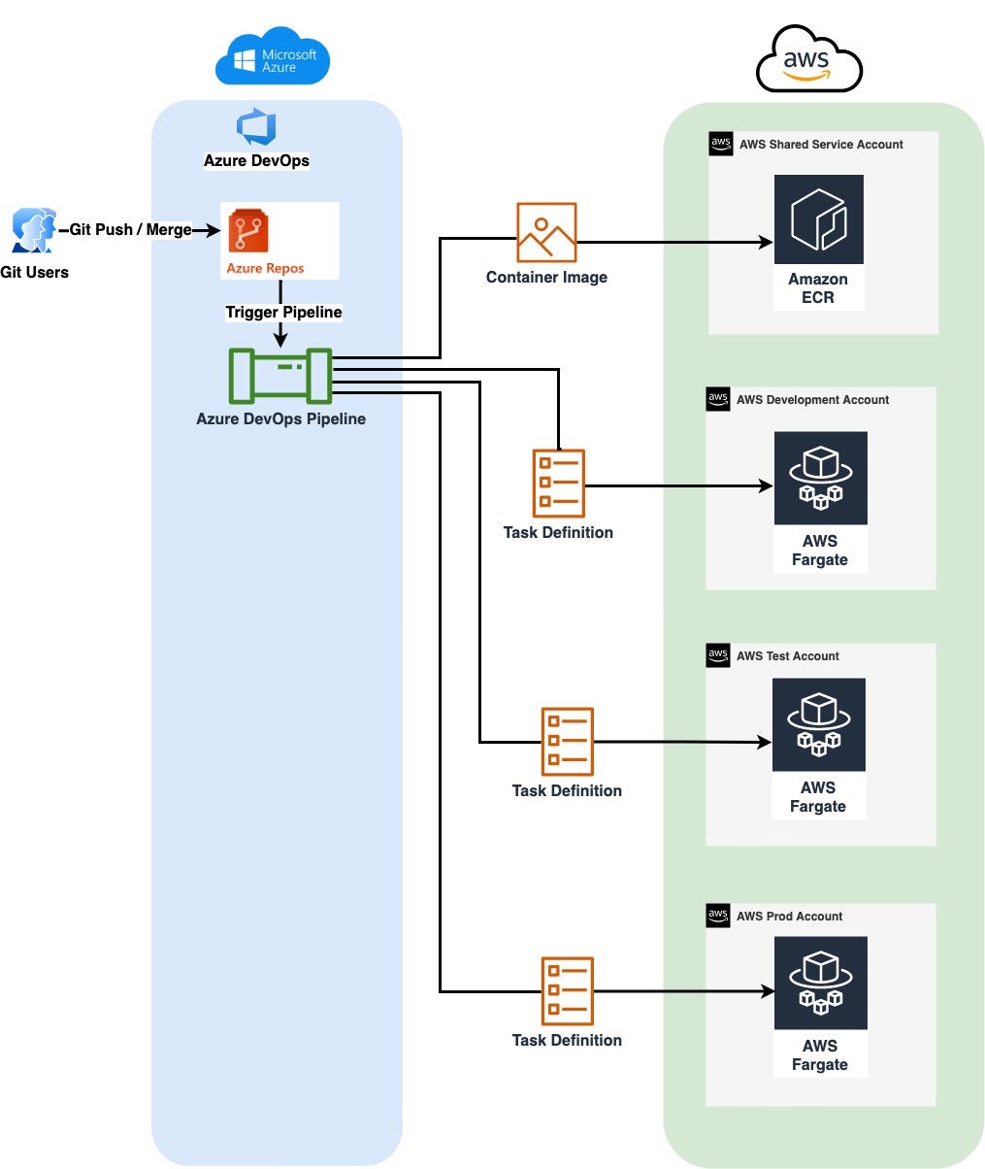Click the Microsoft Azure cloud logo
pos(273,56)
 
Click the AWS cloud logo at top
pos(808,60)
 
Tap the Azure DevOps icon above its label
pos(256,128)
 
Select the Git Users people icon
pos(33,231)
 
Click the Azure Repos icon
pos(248,232)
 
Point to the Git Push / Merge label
pos(130,230)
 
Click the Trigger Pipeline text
pos(283,312)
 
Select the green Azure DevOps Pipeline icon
pos(280,376)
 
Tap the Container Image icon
pos(546,232)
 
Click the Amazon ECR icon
pos(818,219)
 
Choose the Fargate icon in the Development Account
pos(820,479)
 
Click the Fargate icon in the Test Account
pos(818,724)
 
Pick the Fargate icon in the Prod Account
pos(820,983)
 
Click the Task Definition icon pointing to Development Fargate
pos(559,483)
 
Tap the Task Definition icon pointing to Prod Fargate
pos(567,990)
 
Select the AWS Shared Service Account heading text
pos(821,145)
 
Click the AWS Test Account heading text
pos(787,656)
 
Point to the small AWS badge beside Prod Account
pos(718,915)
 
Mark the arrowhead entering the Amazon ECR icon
pos(767,242)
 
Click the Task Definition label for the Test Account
pos(567,790)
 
